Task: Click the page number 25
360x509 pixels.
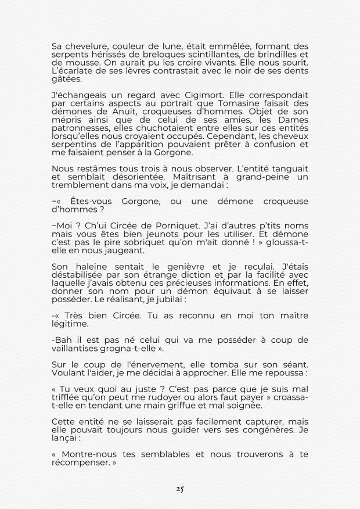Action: coord(180,489)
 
